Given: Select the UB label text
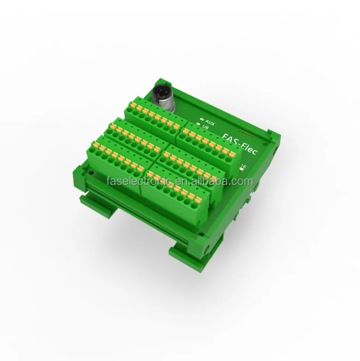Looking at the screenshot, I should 205,125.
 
